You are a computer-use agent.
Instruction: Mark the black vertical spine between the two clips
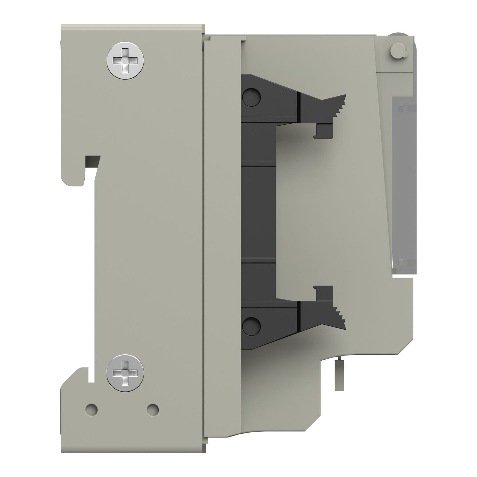(x=258, y=210)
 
